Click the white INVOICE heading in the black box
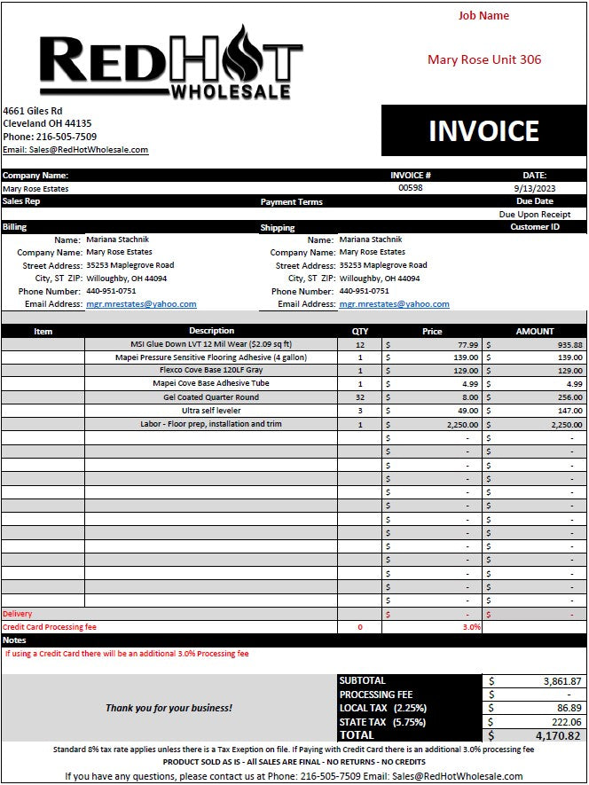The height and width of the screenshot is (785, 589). [483, 131]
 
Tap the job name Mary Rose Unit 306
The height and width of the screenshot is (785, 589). [483, 59]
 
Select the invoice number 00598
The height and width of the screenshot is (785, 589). [410, 188]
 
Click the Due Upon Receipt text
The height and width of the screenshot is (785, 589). [534, 215]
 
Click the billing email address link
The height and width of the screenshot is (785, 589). [141, 304]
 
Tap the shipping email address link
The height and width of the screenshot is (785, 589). [394, 304]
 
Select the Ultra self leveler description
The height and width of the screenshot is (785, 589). [211, 411]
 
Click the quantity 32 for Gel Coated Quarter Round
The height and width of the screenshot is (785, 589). [359, 397]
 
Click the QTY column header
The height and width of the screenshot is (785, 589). [359, 331]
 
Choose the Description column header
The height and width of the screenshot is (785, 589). [211, 331]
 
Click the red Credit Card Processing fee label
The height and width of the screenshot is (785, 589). [49, 627]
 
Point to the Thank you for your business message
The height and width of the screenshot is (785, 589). [169, 708]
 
